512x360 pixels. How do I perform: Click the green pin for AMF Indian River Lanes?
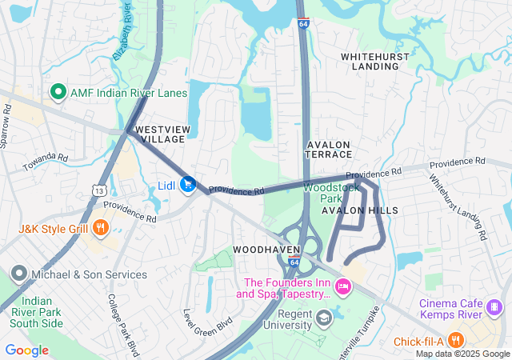[x=58, y=93]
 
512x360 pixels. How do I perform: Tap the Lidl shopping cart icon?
[x=187, y=186]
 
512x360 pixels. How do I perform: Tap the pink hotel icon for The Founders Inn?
[x=342, y=286]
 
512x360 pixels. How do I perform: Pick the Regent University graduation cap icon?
[x=323, y=319]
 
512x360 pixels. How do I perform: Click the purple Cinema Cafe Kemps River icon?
[x=494, y=306]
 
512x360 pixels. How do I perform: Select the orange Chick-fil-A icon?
[x=455, y=341]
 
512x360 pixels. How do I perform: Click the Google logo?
[x=26, y=350]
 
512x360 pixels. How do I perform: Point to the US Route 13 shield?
[x=98, y=191]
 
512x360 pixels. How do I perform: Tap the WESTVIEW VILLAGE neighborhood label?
[x=160, y=134]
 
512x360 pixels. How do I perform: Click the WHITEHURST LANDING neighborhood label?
[x=375, y=62]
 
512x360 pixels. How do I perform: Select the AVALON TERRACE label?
[x=329, y=150]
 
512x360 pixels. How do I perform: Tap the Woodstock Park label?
[x=323, y=192]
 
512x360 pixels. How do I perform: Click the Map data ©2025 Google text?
[x=462, y=354]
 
